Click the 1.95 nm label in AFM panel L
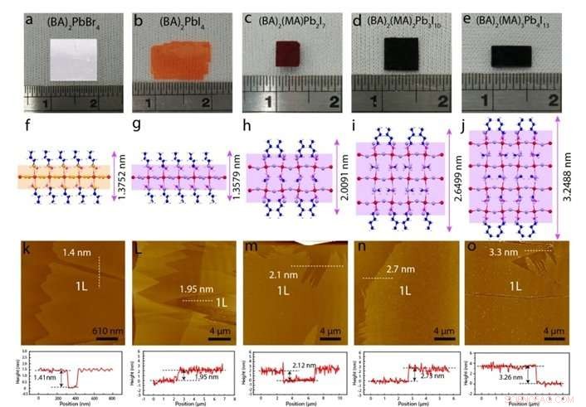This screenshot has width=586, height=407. (193, 288)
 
